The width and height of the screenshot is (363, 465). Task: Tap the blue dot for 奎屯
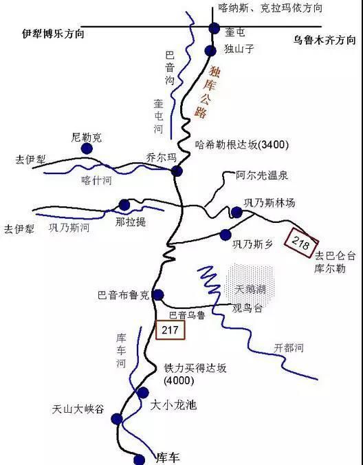(x=212, y=28)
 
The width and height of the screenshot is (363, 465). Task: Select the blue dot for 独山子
(x=211, y=50)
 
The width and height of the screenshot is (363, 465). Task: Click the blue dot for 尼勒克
(x=87, y=148)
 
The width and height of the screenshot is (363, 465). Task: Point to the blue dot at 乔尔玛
(x=176, y=171)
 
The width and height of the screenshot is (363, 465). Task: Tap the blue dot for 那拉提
(x=124, y=204)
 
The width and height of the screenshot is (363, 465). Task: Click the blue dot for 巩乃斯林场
(x=237, y=212)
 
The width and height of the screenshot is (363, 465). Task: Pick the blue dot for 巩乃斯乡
(x=225, y=235)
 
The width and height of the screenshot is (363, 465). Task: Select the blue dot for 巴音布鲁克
(x=158, y=295)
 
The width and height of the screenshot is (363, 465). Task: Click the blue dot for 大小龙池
(x=142, y=392)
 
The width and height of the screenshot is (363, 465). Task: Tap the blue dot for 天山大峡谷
(x=117, y=418)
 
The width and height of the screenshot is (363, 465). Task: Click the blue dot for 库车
(x=139, y=459)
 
